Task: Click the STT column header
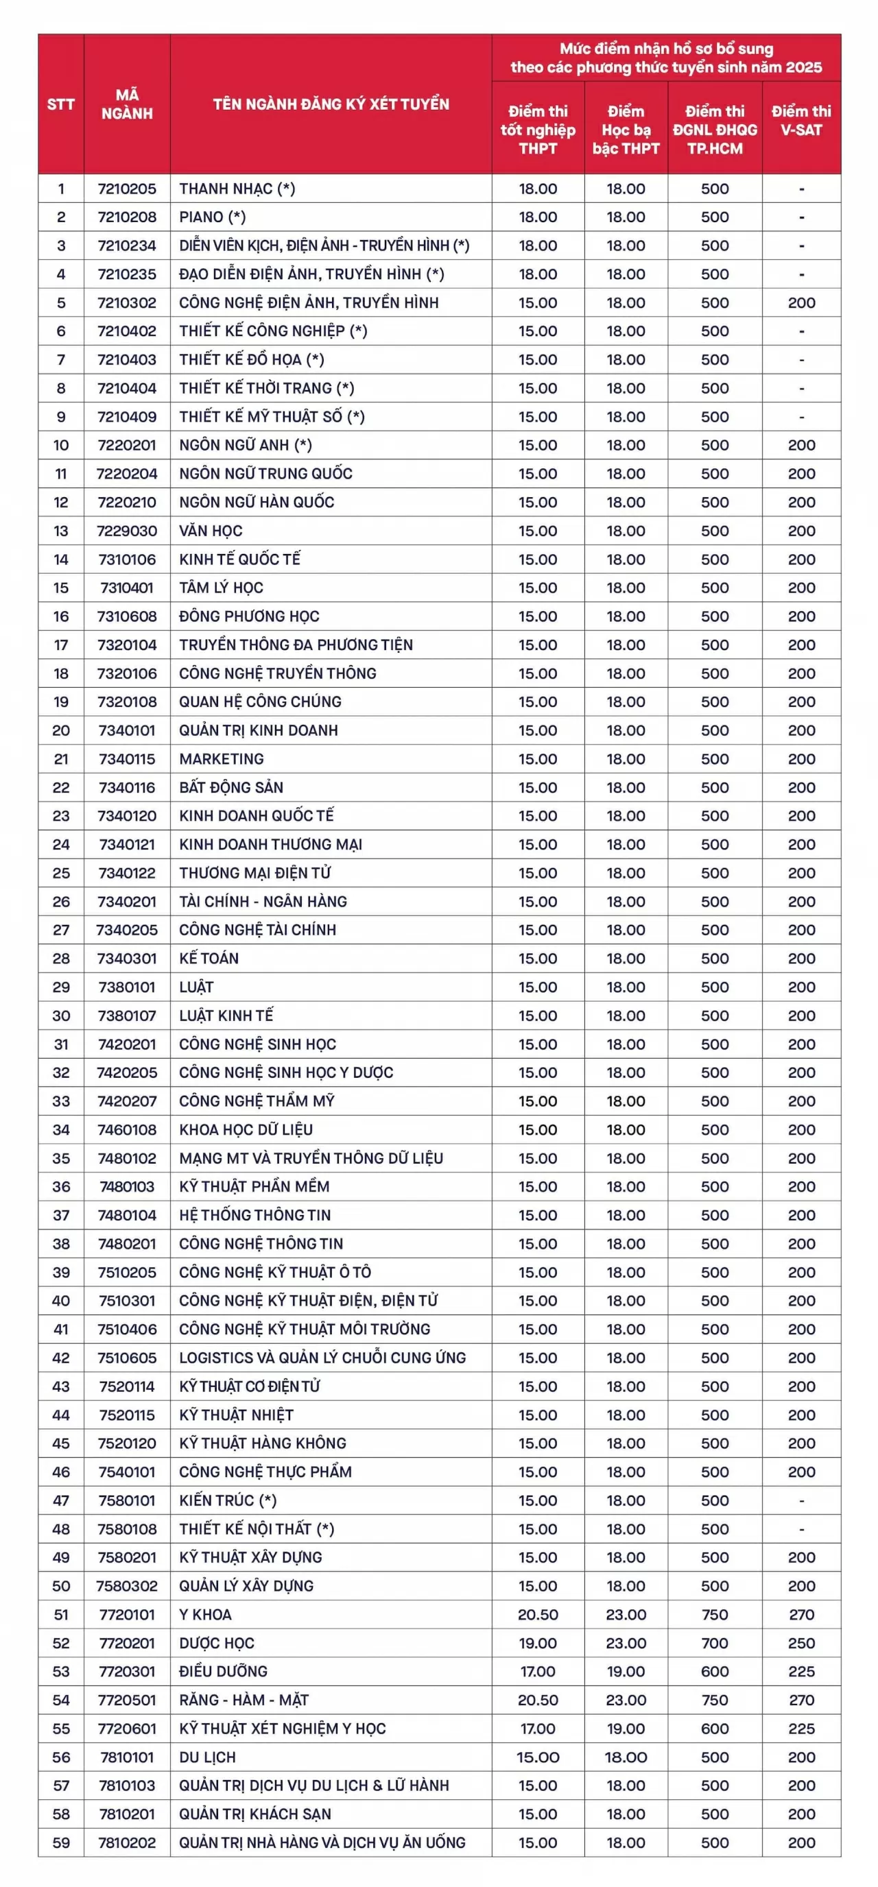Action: [61, 104]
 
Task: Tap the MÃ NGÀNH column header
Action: [127, 104]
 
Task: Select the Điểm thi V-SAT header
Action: [801, 121]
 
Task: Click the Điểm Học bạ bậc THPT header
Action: [626, 130]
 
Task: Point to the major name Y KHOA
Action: [205, 1614]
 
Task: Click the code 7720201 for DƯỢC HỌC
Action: [127, 1642]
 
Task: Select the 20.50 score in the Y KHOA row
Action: [538, 1614]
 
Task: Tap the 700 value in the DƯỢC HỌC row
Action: [715, 1642]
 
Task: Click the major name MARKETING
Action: [222, 758]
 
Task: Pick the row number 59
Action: [61, 1842]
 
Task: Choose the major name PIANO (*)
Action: [213, 217]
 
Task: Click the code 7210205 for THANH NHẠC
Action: [127, 189]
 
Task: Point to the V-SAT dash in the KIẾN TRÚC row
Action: [801, 1500]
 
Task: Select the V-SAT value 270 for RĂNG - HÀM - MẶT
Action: [801, 1700]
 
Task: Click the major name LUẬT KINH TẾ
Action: [226, 1015]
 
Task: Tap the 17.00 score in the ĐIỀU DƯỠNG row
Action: [538, 1671]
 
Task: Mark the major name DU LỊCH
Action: [207, 1757]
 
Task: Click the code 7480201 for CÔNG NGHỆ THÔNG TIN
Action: [127, 1243]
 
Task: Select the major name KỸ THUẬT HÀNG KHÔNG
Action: [263, 1443]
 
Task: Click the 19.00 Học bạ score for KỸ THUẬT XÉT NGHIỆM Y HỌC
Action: [626, 1728]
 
